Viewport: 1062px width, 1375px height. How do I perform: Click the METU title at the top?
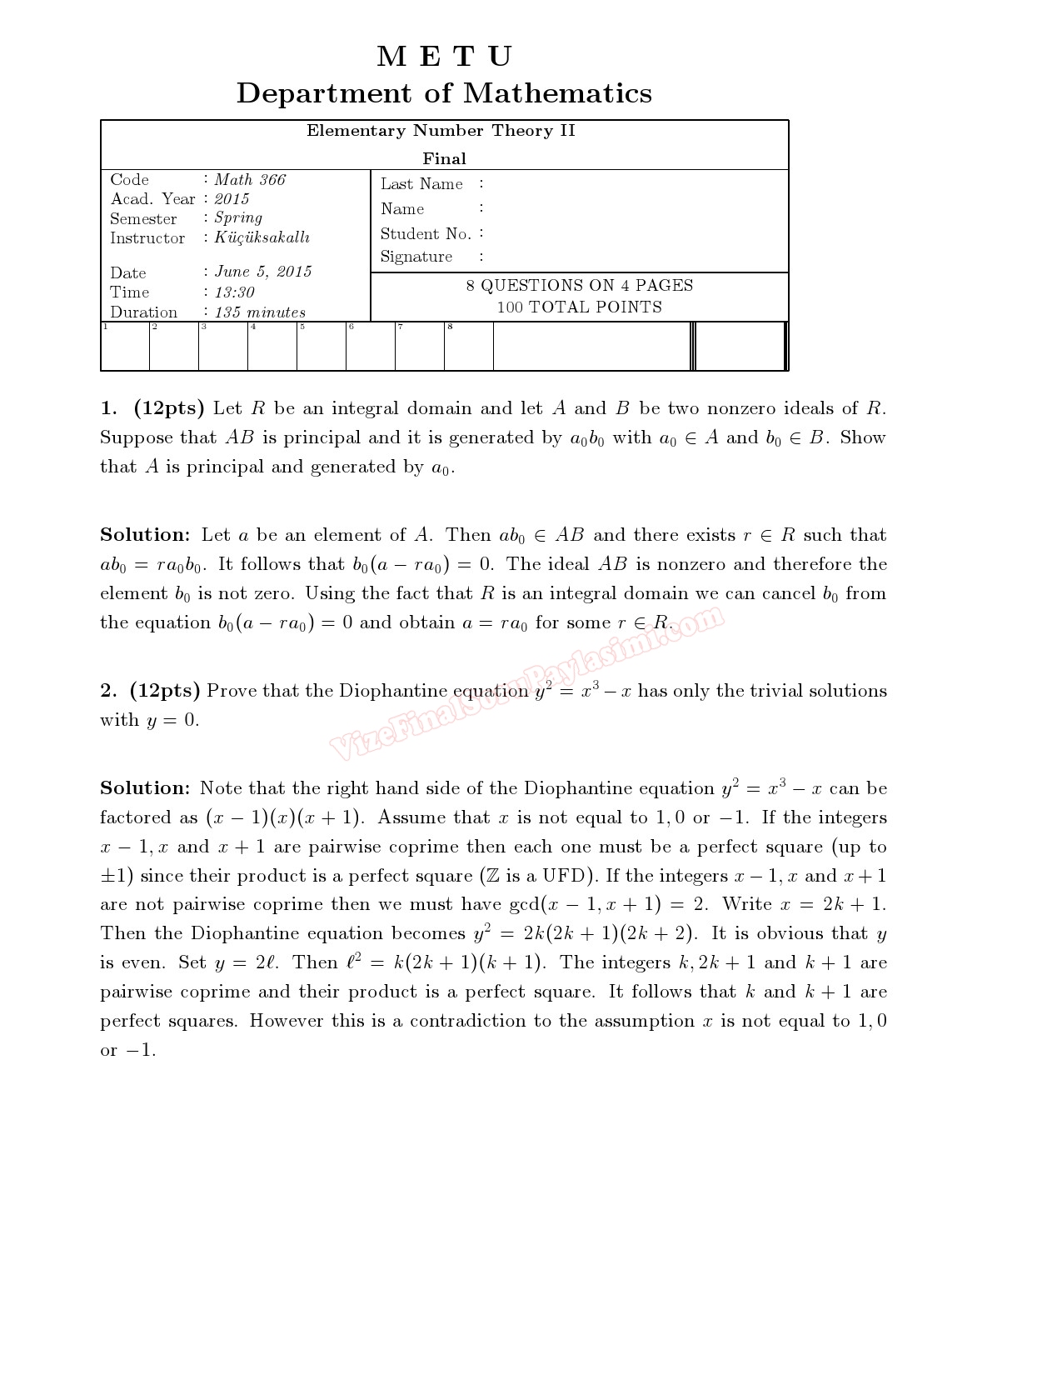point(444,57)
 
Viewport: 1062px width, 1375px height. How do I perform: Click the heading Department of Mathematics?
point(444,92)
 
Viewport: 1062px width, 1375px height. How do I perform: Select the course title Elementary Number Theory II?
point(441,131)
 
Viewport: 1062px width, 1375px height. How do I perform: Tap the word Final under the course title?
point(444,158)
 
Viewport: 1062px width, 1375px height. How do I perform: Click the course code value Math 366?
point(250,180)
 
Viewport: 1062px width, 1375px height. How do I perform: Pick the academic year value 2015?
point(232,199)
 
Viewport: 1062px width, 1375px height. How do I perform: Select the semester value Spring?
point(238,218)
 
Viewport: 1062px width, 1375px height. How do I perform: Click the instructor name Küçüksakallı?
point(262,237)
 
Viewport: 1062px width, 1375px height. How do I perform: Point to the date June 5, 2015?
point(263,272)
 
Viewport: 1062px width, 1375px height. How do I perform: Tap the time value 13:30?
point(234,292)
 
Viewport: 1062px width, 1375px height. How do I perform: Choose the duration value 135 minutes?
point(260,312)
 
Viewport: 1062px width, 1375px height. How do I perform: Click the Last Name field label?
point(421,184)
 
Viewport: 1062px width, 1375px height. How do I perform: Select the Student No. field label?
point(426,234)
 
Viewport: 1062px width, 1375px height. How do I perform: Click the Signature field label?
point(416,257)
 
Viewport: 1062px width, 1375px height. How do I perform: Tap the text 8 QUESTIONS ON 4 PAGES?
point(579,285)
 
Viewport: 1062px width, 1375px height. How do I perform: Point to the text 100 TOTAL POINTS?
point(579,307)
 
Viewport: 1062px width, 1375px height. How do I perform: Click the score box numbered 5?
point(321,347)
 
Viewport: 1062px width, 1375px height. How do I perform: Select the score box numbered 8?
point(468,347)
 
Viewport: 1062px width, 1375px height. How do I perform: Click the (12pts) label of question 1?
point(168,408)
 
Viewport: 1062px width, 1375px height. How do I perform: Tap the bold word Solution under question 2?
point(145,788)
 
